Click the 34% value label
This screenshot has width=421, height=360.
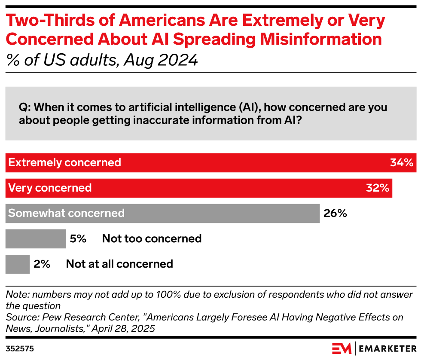401,163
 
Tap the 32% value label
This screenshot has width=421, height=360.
377,188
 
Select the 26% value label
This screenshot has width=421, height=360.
335,213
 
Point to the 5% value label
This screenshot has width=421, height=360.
78,238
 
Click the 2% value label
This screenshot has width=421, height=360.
42,264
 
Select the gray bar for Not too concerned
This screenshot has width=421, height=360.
36,238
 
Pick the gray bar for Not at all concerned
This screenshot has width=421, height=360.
18,264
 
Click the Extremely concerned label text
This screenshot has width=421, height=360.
65,163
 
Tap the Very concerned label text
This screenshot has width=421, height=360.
50,188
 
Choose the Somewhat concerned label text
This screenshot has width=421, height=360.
67,213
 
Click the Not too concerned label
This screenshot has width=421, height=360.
152,238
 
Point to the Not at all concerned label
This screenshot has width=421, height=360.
119,264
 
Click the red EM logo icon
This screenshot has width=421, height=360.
342,348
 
